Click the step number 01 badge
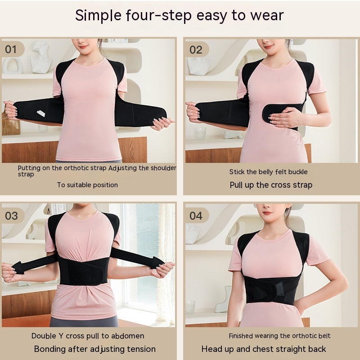tap(11, 49)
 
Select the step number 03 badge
tap(12, 215)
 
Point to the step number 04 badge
tap(196, 216)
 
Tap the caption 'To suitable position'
tap(87, 184)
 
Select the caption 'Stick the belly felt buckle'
tap(269, 171)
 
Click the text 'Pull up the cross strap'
tap(271, 185)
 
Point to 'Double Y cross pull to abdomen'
tap(88, 336)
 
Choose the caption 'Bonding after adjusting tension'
tap(95, 349)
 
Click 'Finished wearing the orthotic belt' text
tap(279, 336)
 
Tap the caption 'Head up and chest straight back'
tap(264, 349)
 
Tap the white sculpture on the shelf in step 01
tap(41, 57)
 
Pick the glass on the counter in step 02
tap(200, 132)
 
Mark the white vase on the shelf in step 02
tap(198, 65)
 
